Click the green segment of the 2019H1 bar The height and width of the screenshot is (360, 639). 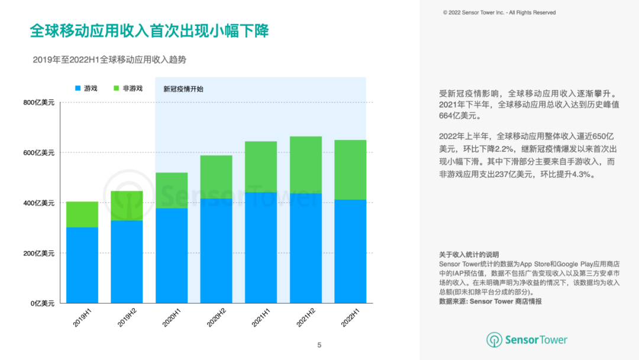pyautogui.click(x=82, y=214)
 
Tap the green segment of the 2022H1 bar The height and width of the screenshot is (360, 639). pyautogui.click(x=350, y=170)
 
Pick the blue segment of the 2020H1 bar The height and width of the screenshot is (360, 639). pyautogui.click(x=172, y=255)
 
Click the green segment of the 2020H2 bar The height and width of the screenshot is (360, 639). pyautogui.click(x=216, y=177)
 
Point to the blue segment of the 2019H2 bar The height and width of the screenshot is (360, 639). pyautogui.click(x=127, y=261)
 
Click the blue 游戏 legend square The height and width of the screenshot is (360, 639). pyautogui.click(x=78, y=89)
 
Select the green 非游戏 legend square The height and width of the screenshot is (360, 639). pyautogui.click(x=116, y=89)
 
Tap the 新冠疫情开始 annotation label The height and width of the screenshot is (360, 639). pyautogui.click(x=183, y=89)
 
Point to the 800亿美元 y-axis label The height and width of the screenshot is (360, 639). pyautogui.click(x=38, y=102)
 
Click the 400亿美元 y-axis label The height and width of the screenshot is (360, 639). pyautogui.click(x=38, y=203)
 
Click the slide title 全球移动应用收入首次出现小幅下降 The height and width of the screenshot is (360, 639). pyautogui.click(x=149, y=31)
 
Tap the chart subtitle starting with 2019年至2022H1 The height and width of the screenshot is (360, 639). pyautogui.click(x=105, y=59)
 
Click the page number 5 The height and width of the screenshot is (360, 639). pyautogui.click(x=319, y=345)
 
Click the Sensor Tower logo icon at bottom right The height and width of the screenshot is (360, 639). pyautogui.click(x=494, y=340)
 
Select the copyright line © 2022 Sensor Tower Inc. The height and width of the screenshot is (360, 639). pyautogui.click(x=499, y=12)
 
